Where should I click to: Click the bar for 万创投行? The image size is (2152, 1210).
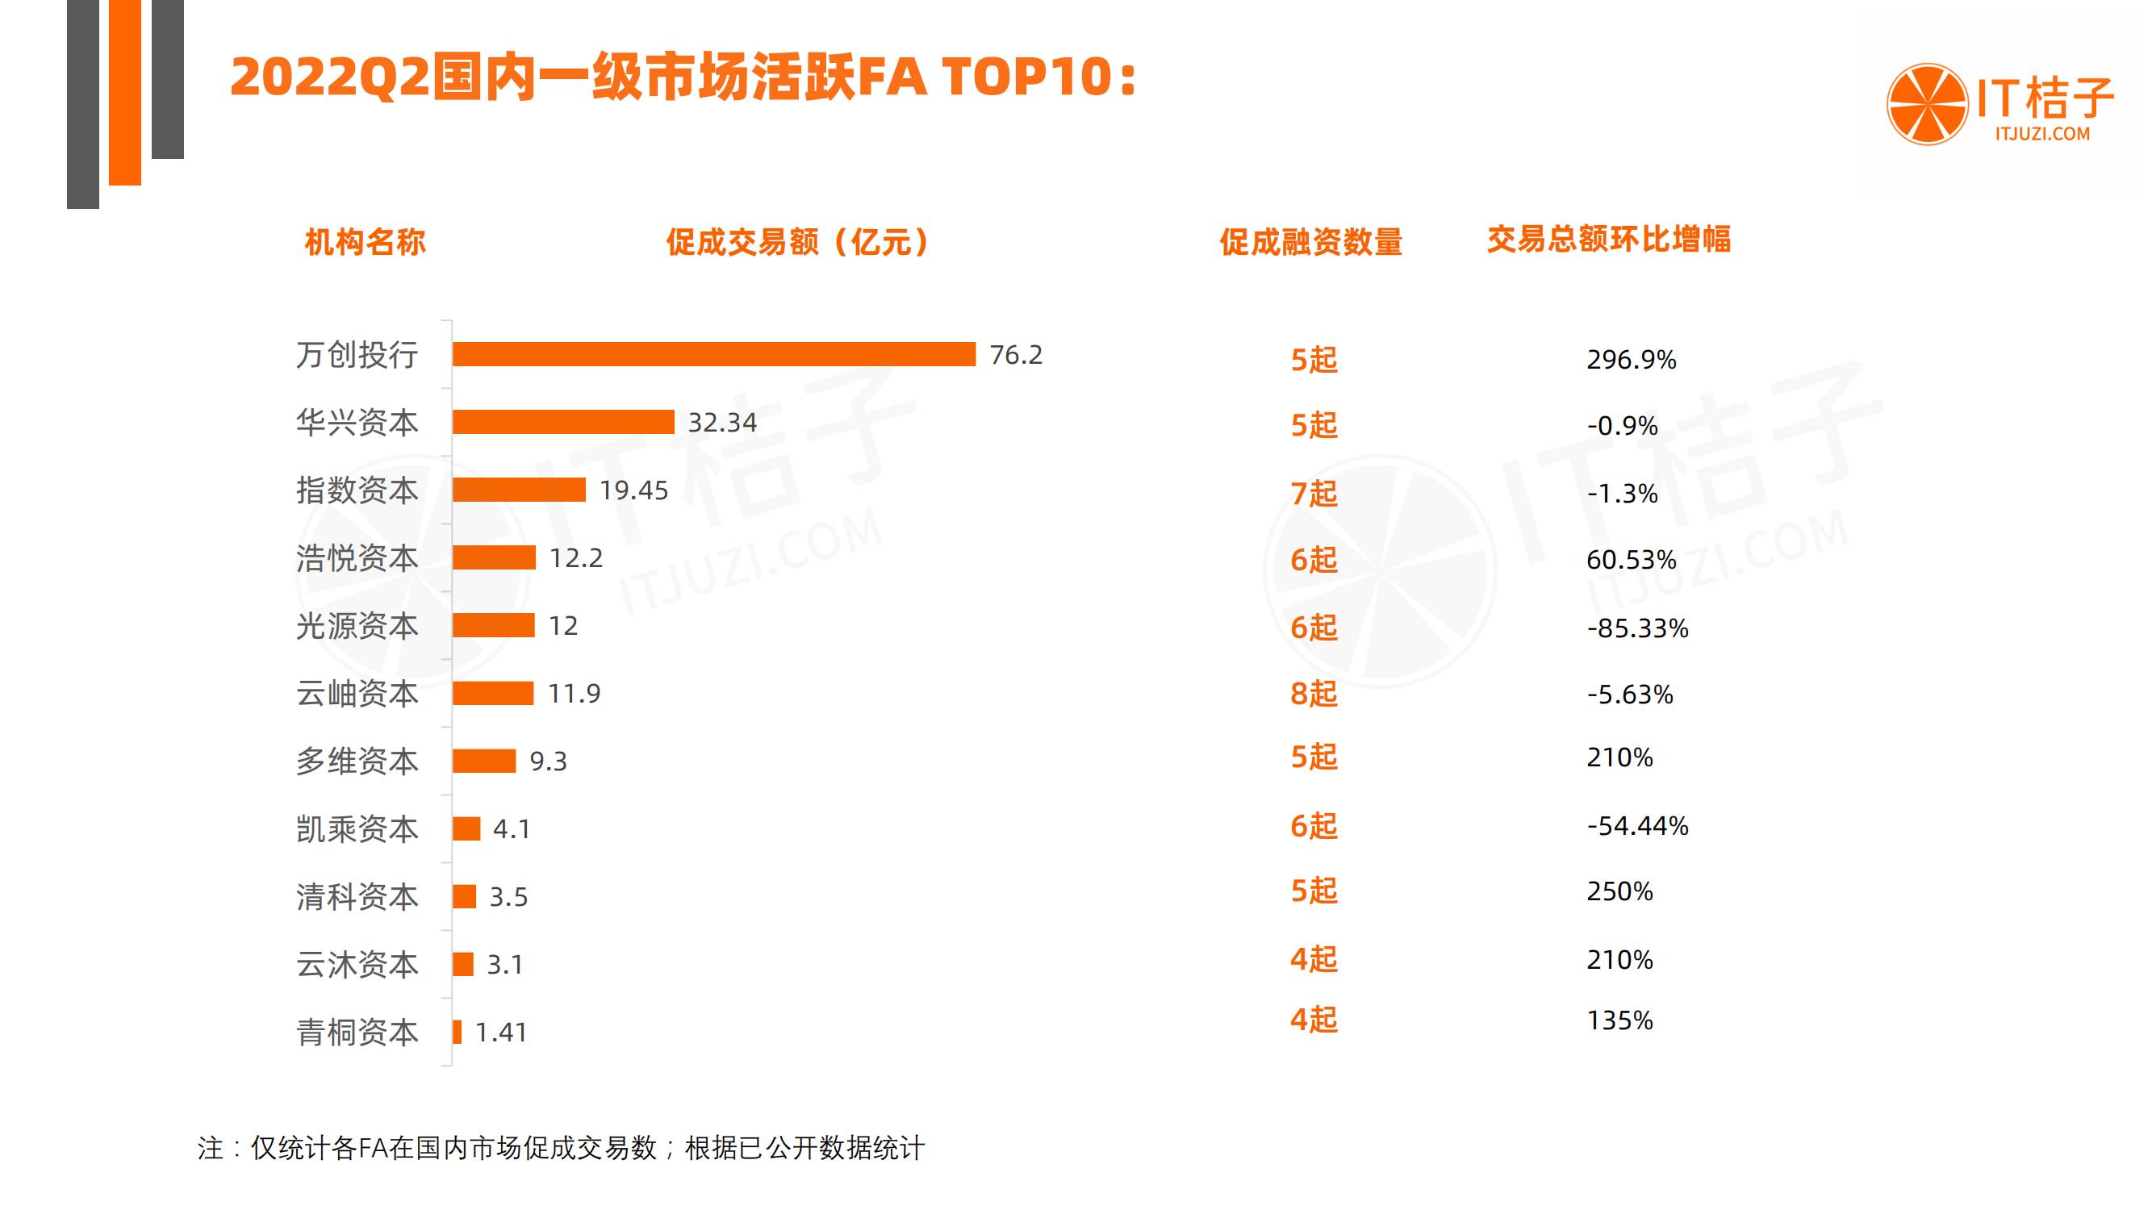pos(713,354)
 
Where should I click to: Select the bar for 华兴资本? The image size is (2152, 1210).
pos(563,422)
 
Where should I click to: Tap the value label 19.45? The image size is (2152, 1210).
pos(633,490)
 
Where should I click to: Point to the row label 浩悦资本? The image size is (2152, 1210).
pos(357,558)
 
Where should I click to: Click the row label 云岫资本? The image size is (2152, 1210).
pos(357,693)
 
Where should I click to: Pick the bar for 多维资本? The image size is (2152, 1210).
pos(483,761)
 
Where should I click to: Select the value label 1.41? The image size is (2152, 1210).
pos(500,1033)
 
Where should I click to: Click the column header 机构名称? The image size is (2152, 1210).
pos(365,242)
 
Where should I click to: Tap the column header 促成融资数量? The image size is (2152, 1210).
pos(1310,242)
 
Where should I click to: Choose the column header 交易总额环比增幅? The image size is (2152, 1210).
pos(1608,240)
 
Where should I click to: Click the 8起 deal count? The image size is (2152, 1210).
pos(1314,693)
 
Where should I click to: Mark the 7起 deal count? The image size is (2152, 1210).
pos(1314,494)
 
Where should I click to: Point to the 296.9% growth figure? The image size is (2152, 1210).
pos(1631,360)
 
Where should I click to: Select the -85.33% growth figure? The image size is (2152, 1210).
pos(1637,628)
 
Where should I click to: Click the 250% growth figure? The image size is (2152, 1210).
pos(1619,891)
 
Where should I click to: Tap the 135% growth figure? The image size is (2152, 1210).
pos(1619,1020)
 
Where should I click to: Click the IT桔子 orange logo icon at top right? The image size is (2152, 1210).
pos(1927,104)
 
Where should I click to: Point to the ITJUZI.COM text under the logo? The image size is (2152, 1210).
pos(2041,134)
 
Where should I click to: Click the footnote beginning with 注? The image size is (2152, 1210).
pos(561,1148)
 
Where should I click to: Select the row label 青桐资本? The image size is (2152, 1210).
pos(357,1033)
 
